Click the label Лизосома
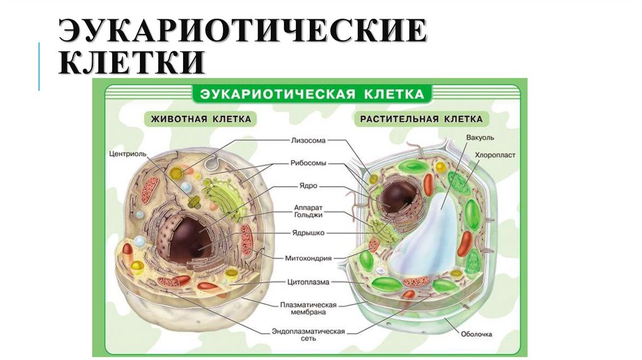pos(308,140)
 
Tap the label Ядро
pos(308,186)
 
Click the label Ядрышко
pos(308,234)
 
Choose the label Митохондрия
pos(308,257)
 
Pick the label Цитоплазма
pos(308,282)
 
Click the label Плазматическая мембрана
pos(308,308)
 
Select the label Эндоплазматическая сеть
pos(308,334)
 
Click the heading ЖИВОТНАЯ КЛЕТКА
pos(200,119)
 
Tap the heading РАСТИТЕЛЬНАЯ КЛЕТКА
pos(421,119)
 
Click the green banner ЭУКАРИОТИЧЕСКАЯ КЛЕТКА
pos(312,95)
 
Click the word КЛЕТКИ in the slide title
pos(132,63)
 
